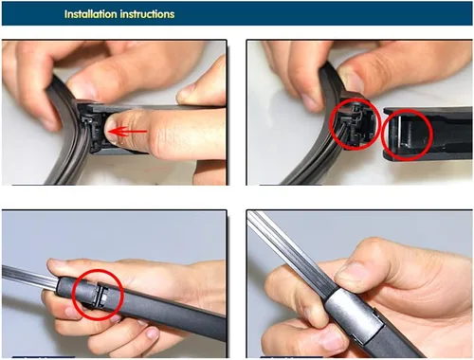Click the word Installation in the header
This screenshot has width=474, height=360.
(91, 14)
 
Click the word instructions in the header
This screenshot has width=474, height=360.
(147, 14)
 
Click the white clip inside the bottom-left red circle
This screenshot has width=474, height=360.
(102, 297)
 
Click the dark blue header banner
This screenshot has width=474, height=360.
(237, 13)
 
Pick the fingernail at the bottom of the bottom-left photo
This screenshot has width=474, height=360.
(153, 333)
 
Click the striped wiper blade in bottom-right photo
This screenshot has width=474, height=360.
(286, 249)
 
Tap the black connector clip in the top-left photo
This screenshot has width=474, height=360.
(92, 129)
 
